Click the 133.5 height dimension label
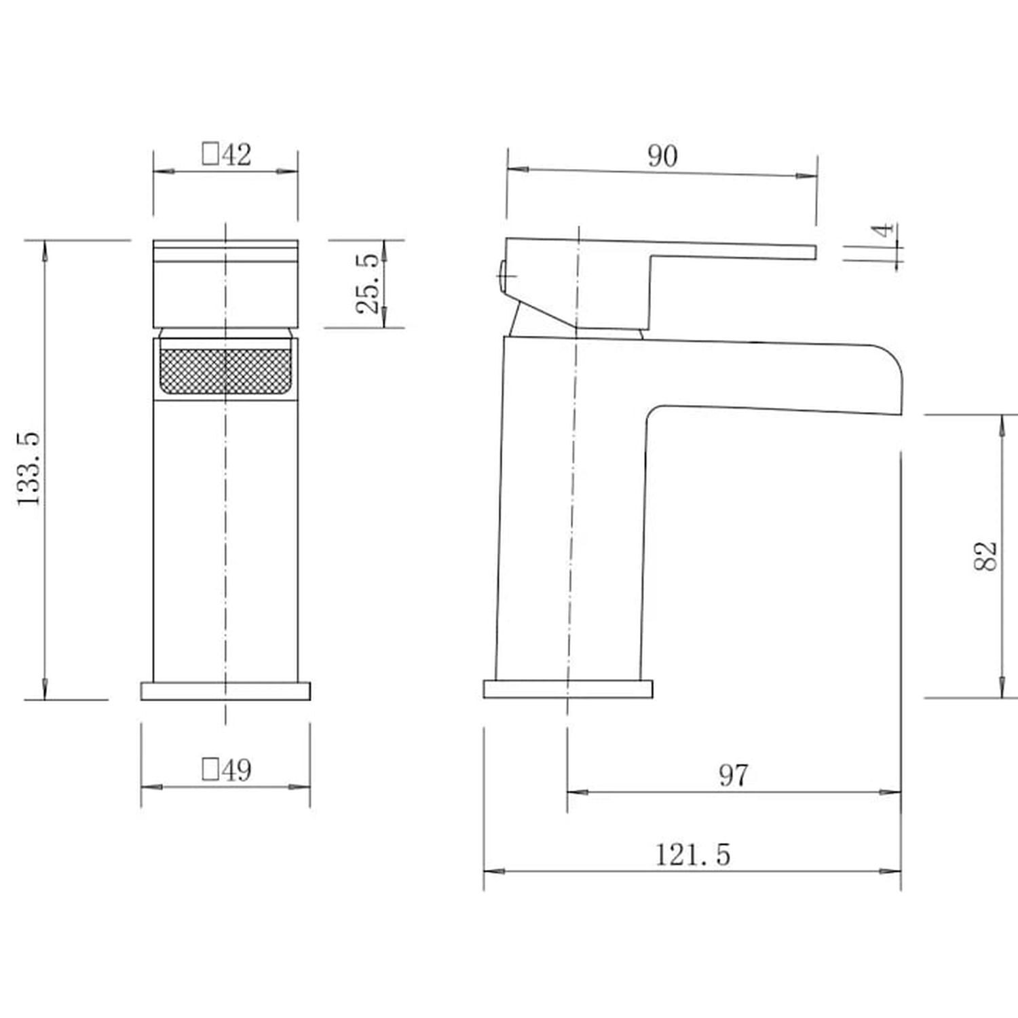point(29,468)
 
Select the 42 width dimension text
point(235,155)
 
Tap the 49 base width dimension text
point(235,770)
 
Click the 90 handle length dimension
point(662,156)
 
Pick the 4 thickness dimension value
point(883,230)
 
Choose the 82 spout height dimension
point(985,556)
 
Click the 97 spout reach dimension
point(734,775)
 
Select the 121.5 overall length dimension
point(693,854)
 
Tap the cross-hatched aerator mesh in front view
point(226,370)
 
